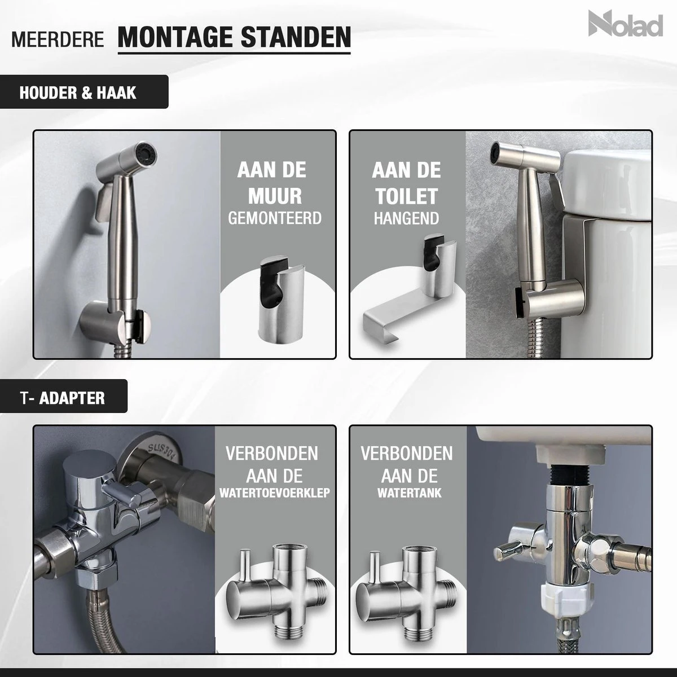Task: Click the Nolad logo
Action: tap(625, 24)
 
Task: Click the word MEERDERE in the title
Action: tap(58, 41)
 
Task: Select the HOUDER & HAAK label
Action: tap(78, 92)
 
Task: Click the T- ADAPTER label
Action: tap(62, 398)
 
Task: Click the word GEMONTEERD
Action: tap(275, 218)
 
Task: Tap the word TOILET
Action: tap(406, 196)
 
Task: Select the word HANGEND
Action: tap(406, 218)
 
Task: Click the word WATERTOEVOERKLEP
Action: tap(275, 493)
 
